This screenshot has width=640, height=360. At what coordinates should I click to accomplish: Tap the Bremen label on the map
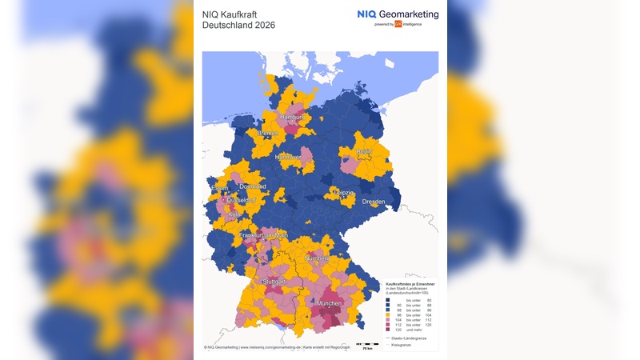(x=268, y=133)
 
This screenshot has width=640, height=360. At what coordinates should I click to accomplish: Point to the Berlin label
(x=364, y=151)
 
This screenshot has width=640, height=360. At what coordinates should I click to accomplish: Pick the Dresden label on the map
(x=373, y=202)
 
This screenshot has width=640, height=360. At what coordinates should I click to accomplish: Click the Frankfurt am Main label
(x=262, y=234)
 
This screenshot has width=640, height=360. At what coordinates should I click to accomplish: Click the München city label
(x=330, y=305)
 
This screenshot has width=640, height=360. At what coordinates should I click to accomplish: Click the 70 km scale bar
(x=367, y=345)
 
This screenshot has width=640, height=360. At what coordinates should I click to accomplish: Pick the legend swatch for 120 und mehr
(x=388, y=330)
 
